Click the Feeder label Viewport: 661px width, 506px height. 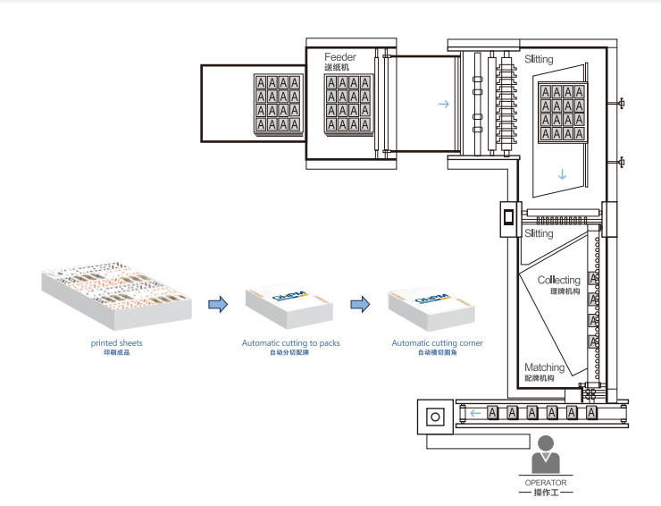[340, 56]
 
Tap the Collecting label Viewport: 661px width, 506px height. [558, 281]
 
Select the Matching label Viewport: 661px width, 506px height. [544, 367]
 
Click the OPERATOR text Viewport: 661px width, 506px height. [546, 483]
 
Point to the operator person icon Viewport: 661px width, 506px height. [545, 454]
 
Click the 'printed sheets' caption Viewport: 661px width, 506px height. [116, 342]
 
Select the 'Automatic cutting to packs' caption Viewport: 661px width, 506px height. [290, 342]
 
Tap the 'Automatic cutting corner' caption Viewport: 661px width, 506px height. [437, 342]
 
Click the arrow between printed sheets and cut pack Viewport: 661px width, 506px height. [217, 305]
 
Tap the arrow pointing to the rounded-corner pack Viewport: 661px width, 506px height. [358, 305]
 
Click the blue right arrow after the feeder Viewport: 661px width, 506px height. [443, 105]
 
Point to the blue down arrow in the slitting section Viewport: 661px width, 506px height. [562, 174]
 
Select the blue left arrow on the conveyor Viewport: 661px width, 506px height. [477, 413]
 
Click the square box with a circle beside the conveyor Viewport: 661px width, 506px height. [436, 417]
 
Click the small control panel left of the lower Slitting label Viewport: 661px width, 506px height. [507, 217]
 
